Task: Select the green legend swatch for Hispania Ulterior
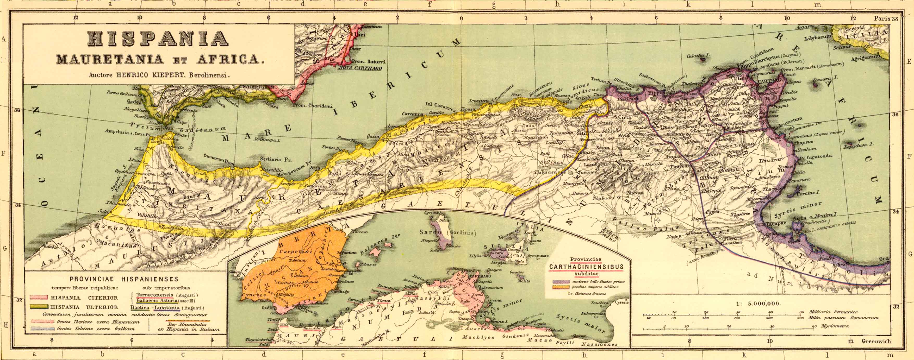click(x=39, y=307)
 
